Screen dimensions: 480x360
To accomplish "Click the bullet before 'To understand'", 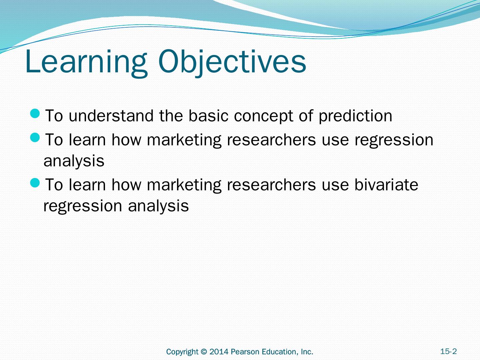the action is (x=35, y=114).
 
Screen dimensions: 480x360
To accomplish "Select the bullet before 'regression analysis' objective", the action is (x=35, y=138).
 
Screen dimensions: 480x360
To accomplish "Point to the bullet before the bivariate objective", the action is (x=35, y=183).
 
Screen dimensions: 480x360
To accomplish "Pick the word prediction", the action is (x=355, y=116).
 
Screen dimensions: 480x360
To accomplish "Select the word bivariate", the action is (x=386, y=184).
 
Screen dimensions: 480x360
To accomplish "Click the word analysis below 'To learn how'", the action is (x=74, y=161).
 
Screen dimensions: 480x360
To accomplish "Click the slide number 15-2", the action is (x=449, y=351).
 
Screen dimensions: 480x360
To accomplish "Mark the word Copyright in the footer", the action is (x=182, y=352).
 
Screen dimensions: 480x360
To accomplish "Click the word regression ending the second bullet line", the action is (x=394, y=140).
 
